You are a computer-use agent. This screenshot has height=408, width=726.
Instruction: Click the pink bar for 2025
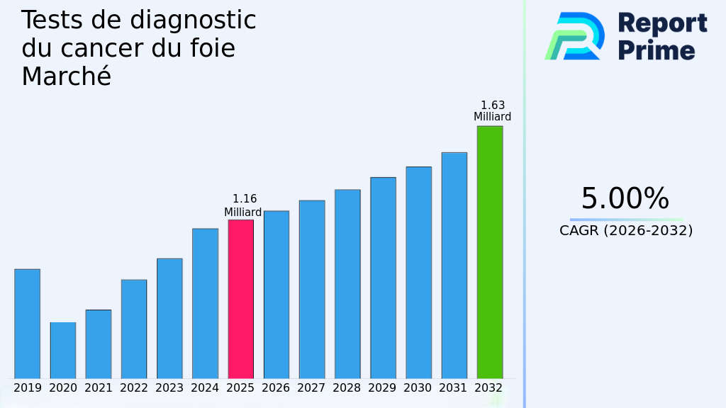[240, 299]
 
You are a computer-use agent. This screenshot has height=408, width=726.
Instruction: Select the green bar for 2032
[489, 252]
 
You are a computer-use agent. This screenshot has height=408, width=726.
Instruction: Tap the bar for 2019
[27, 324]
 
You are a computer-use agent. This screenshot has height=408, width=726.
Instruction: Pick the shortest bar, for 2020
[62, 351]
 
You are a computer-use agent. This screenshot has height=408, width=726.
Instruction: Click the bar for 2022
[134, 329]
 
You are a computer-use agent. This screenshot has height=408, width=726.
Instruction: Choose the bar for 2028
[347, 284]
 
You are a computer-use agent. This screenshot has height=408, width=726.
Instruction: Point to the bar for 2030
[418, 273]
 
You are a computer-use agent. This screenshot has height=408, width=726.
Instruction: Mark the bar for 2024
[205, 303]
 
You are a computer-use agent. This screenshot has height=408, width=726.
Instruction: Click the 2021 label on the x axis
[99, 388]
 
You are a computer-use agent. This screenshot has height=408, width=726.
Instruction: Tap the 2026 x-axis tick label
[276, 388]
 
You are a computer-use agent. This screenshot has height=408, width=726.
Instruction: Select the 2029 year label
[383, 388]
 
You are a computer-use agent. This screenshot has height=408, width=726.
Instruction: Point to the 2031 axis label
[454, 388]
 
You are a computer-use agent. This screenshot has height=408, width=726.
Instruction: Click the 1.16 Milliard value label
[244, 205]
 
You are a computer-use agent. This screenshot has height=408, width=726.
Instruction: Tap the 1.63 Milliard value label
[493, 111]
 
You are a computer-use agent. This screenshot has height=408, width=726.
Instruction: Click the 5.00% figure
[625, 199]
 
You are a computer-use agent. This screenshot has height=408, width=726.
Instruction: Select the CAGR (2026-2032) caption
[626, 231]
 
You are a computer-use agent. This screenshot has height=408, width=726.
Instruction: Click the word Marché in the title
[66, 76]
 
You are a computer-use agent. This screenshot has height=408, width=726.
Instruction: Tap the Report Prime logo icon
[574, 36]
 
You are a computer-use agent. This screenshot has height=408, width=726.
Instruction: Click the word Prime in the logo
[657, 50]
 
